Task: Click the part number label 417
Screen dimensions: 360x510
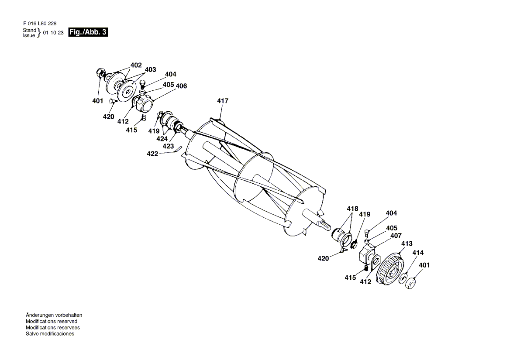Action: pyautogui.click(x=223, y=101)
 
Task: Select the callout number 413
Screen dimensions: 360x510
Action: pyautogui.click(x=407, y=243)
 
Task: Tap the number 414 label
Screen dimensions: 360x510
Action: pyautogui.click(x=418, y=253)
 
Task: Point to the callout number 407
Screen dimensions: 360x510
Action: pyautogui.click(x=396, y=236)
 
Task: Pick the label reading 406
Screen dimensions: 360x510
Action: pyautogui.click(x=181, y=86)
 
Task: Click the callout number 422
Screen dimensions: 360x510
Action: pyautogui.click(x=152, y=154)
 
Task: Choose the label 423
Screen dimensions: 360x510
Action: pyautogui.click(x=169, y=146)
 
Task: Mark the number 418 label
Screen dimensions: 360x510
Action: pyautogui.click(x=352, y=209)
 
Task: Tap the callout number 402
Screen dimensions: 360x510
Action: pyautogui.click(x=136, y=65)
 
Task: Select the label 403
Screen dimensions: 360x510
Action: pyautogui.click(x=150, y=69)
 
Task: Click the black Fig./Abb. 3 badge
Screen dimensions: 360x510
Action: pyautogui.click(x=88, y=32)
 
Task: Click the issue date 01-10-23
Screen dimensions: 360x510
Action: pyautogui.click(x=54, y=33)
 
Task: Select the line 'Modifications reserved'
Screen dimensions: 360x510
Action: pyautogui.click(x=52, y=321)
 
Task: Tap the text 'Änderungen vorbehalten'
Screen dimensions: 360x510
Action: pyautogui.click(x=54, y=315)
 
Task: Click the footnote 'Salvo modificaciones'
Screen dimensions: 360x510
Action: pyautogui.click(x=50, y=334)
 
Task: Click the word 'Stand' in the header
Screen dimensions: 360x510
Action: pyautogui.click(x=29, y=30)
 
